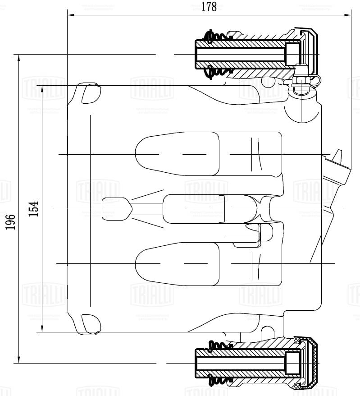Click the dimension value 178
pos(209,7)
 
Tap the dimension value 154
pos(34,209)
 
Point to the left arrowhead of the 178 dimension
pos(71,15)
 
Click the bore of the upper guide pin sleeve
pos(241,55)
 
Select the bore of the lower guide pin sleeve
pos(241,363)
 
